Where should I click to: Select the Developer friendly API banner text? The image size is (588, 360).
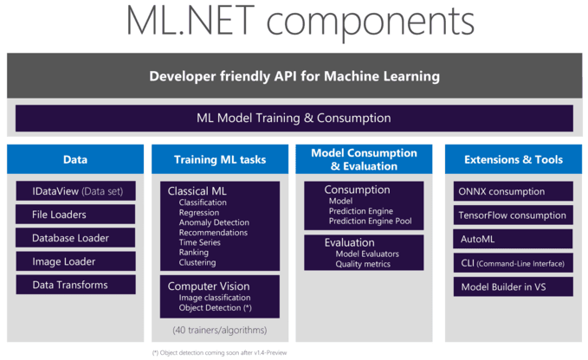pyautogui.click(x=294, y=76)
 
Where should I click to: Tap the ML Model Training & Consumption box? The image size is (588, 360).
pyautogui.click(x=294, y=118)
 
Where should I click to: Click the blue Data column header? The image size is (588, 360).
pyautogui.click(x=75, y=159)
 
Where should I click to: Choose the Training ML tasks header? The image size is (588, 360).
pyautogui.click(x=220, y=159)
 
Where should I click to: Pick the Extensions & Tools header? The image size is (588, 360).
pyautogui.click(x=514, y=159)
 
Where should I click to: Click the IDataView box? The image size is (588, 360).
pyautogui.click(x=75, y=190)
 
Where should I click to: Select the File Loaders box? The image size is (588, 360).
pyautogui.click(x=75, y=214)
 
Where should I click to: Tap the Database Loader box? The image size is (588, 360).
pyautogui.click(x=75, y=238)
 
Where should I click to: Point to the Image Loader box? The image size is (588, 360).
pyautogui.click(x=75, y=261)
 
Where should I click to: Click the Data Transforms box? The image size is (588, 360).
pyautogui.click(x=75, y=285)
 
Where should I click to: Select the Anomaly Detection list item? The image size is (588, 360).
pyautogui.click(x=213, y=222)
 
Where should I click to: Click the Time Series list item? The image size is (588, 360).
pyautogui.click(x=200, y=243)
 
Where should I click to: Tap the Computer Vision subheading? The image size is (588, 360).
pyautogui.click(x=208, y=286)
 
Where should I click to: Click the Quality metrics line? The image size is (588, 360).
pyautogui.click(x=363, y=264)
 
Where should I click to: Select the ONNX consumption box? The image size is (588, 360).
pyautogui.click(x=514, y=191)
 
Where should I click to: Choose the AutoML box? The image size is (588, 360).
pyautogui.click(x=514, y=239)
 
